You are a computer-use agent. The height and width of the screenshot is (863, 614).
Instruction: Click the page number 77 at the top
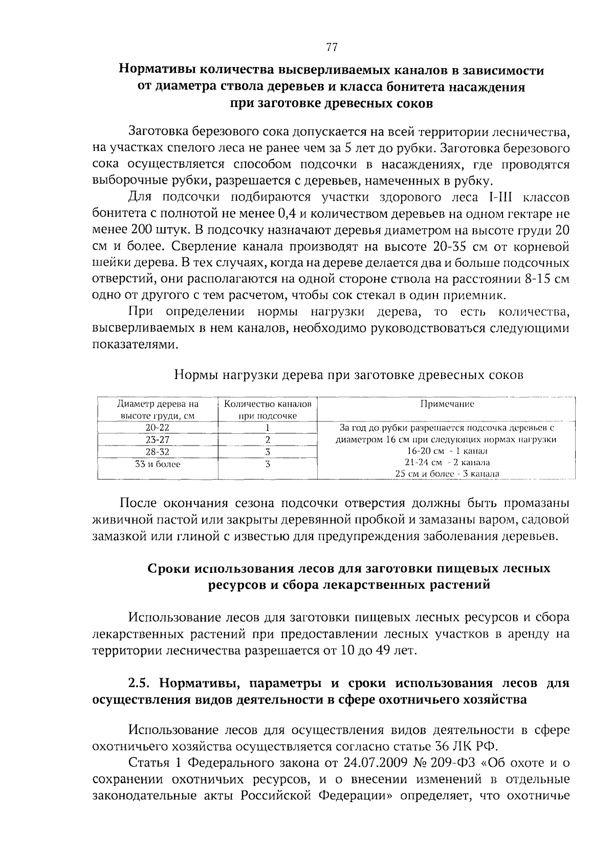[x=332, y=48]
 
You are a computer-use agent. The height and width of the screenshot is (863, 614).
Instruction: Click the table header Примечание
[x=447, y=404]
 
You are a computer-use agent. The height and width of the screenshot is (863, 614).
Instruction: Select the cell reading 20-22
[x=158, y=428]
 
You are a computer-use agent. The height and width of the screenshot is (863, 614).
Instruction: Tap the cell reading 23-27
[x=158, y=440]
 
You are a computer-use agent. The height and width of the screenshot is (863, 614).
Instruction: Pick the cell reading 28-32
[x=158, y=452]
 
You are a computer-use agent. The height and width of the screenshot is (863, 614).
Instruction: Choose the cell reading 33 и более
[x=158, y=464]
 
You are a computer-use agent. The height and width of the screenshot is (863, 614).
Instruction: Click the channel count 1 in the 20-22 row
[x=268, y=428]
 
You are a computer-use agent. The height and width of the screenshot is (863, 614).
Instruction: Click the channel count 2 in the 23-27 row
[x=268, y=440]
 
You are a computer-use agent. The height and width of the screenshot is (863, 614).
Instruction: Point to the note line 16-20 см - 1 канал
[x=447, y=451]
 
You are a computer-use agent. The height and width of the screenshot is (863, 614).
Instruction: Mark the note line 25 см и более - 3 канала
[x=447, y=474]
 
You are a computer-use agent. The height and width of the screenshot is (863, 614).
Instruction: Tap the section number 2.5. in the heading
[x=141, y=683]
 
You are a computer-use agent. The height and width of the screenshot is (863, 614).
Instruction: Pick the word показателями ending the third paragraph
[x=135, y=345]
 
